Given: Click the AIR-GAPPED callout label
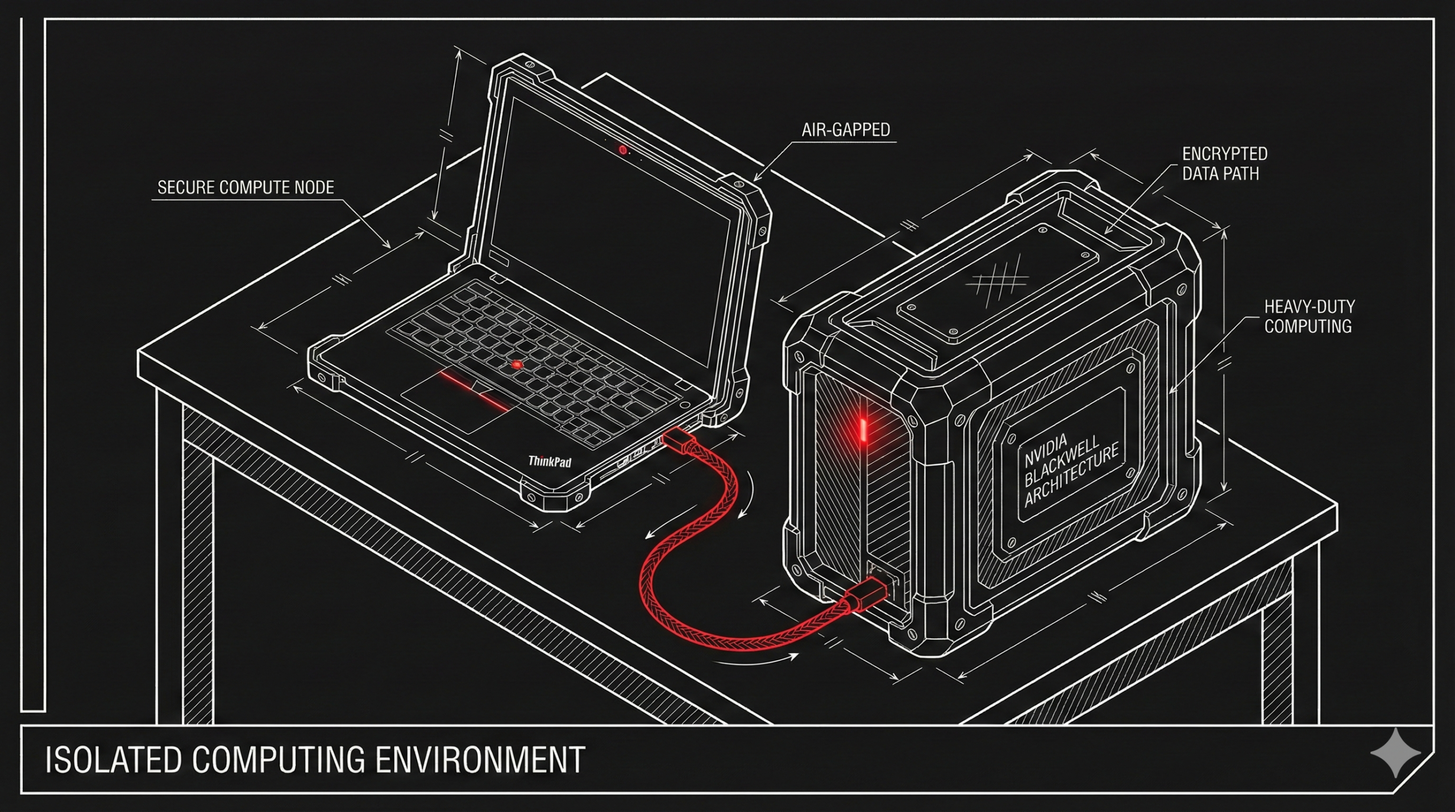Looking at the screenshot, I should tap(845, 130).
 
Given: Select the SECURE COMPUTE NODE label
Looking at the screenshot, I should tap(246, 188).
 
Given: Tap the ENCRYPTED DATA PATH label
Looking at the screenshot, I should tap(1224, 164).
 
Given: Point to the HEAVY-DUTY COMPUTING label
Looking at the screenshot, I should tap(1308, 317).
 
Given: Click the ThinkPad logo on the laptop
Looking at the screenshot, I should tap(550, 461).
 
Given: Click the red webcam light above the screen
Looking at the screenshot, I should tap(623, 150).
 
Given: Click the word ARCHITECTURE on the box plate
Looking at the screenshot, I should tap(1071, 474).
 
